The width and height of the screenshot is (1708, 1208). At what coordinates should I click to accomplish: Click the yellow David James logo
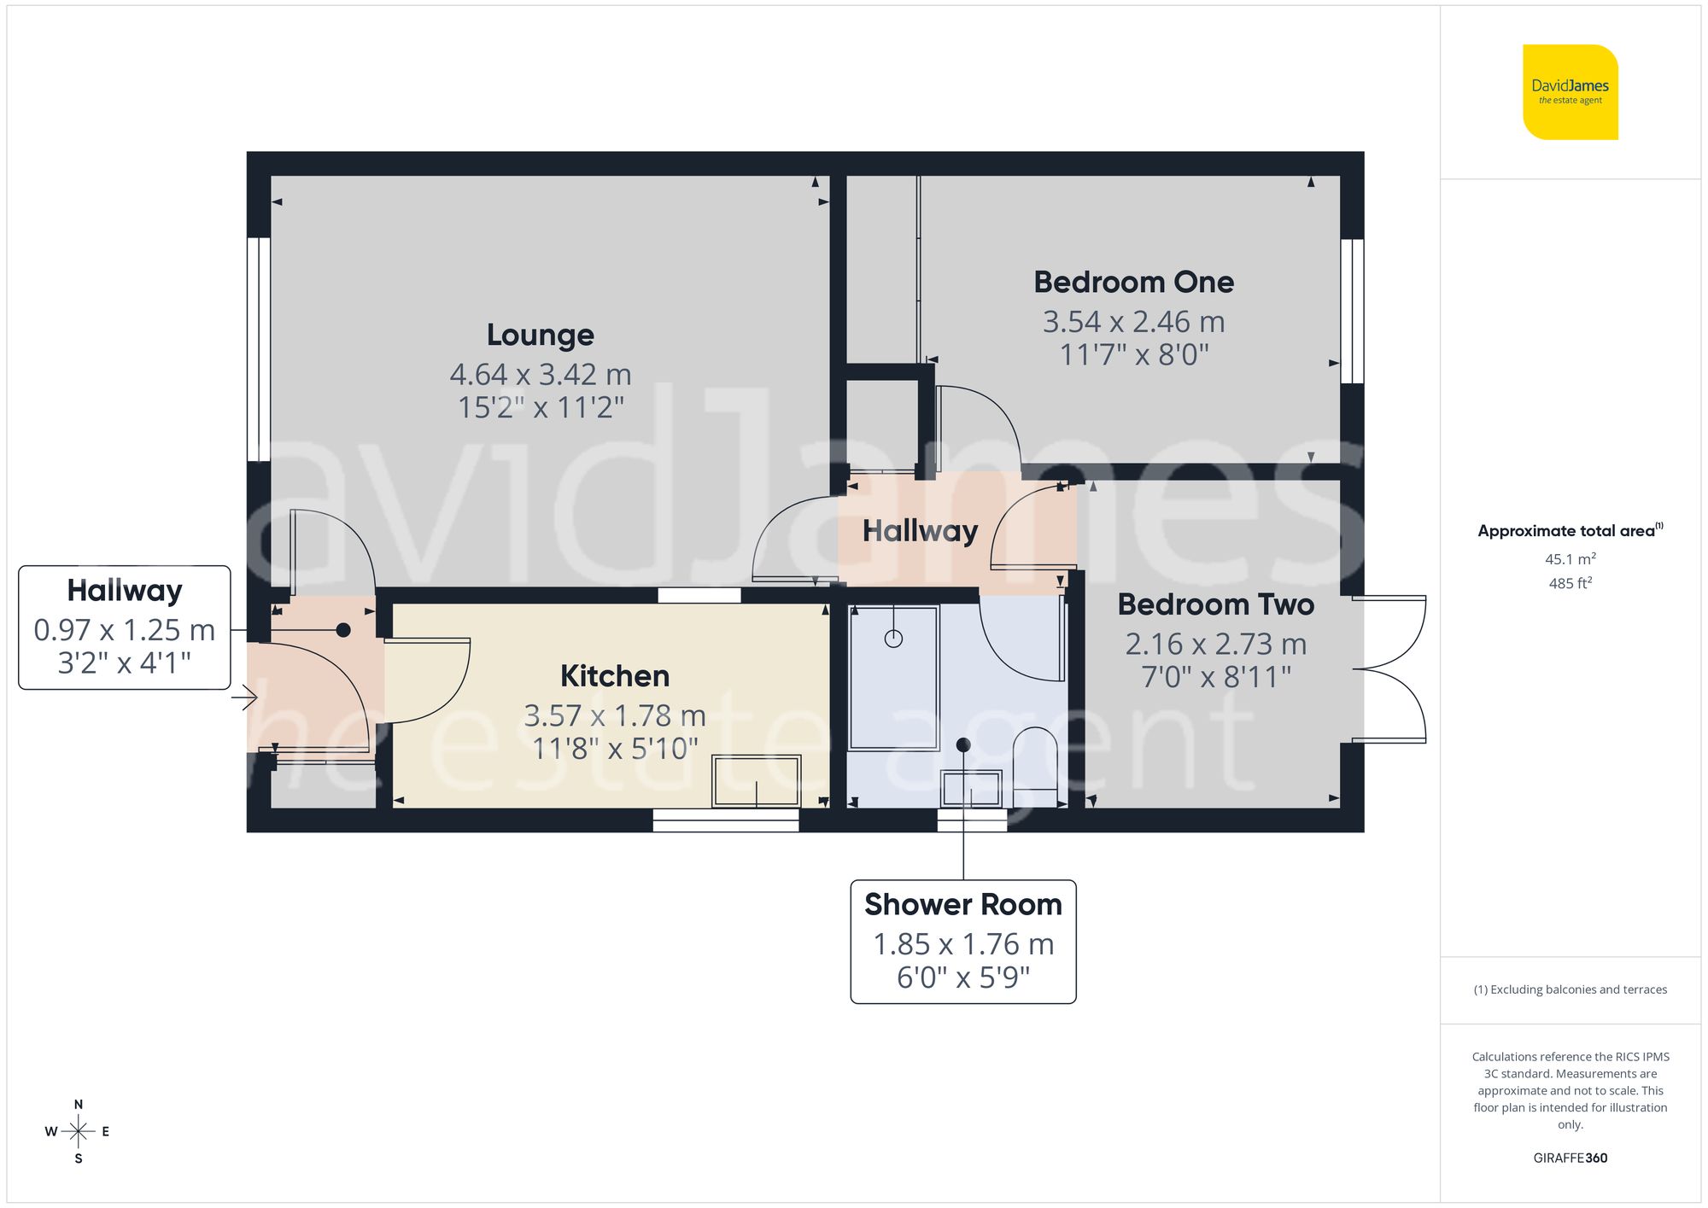click(1570, 92)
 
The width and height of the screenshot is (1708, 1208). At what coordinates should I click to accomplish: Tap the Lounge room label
click(540, 335)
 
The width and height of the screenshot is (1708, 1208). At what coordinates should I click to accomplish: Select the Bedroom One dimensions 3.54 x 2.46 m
click(1133, 322)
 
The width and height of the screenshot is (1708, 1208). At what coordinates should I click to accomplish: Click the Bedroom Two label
click(1215, 604)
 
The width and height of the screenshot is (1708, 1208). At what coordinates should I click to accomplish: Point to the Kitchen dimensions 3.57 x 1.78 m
click(614, 715)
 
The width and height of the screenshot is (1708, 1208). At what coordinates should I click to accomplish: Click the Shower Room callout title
click(962, 904)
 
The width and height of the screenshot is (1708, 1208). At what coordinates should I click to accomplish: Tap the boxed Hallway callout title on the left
click(125, 591)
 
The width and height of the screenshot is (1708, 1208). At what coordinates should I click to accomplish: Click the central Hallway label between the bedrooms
click(920, 531)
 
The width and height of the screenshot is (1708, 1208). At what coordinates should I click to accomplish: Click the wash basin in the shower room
click(971, 789)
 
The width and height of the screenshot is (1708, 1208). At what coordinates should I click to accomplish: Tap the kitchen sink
click(757, 780)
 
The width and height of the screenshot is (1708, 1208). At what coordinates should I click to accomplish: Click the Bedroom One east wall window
click(1351, 311)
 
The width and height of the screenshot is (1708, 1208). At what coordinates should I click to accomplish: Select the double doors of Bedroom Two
click(1390, 668)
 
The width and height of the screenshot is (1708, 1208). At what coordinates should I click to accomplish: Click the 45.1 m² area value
click(1570, 559)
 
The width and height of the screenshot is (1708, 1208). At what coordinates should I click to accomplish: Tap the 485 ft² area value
click(1570, 584)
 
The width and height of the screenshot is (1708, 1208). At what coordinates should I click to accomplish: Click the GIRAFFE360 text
click(1570, 1158)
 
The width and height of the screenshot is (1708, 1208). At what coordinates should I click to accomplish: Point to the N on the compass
click(79, 1104)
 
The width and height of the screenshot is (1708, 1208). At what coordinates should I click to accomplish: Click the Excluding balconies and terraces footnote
click(1570, 989)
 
